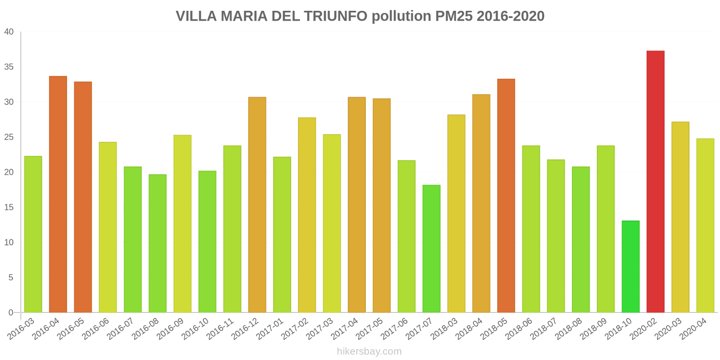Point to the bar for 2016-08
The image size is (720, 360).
pyautogui.click(x=157, y=243)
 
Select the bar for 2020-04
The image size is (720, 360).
pyautogui.click(x=705, y=225)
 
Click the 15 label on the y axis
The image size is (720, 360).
pyautogui.click(x=9, y=207)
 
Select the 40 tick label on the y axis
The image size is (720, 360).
pyautogui.click(x=9, y=32)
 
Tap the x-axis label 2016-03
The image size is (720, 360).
pyautogui.click(x=22, y=329)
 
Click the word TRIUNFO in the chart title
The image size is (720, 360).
pyautogui.click(x=335, y=16)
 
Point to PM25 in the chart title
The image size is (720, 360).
pyautogui.click(x=454, y=16)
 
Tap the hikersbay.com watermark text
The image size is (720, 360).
pyautogui.click(x=369, y=351)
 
